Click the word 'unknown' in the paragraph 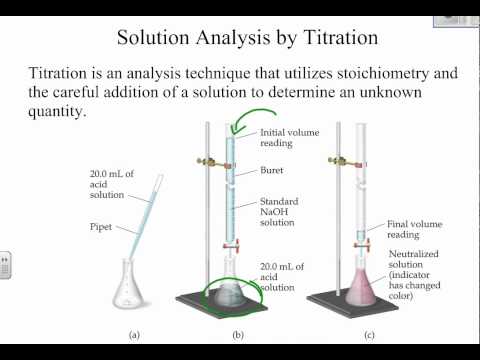coord(413,94)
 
